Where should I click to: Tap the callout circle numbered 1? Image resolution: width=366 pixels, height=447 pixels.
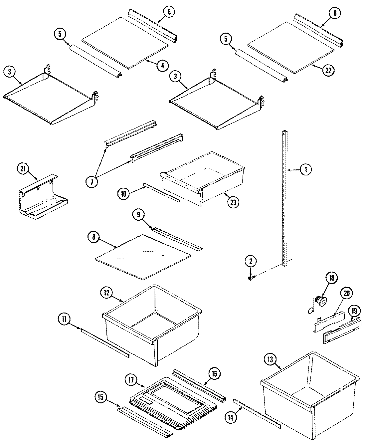point(306,170)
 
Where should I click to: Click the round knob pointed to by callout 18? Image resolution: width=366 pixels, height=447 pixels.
point(322,302)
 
